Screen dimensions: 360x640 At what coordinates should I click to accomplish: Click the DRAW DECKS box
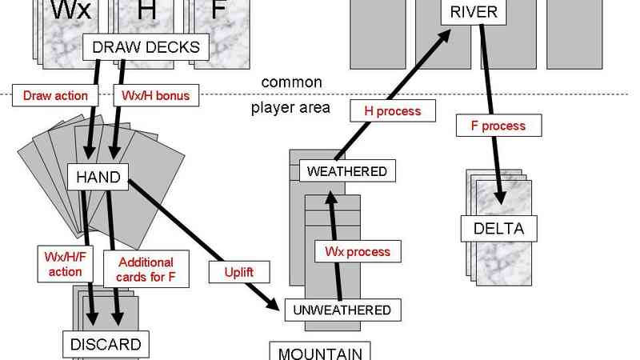tap(146, 47)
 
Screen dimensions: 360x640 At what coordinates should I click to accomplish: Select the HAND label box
tap(99, 177)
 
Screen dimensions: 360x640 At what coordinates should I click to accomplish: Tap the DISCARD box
tap(106, 345)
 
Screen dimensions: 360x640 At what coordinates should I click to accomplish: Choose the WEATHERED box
tap(346, 171)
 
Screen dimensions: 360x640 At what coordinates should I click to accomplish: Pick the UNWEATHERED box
tap(341, 310)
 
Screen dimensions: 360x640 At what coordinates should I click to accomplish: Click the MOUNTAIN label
tap(319, 353)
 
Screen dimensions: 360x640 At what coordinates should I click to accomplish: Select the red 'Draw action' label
tap(55, 96)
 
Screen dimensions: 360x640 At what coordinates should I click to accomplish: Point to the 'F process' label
tap(500, 126)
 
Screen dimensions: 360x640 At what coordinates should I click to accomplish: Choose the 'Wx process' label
tap(357, 251)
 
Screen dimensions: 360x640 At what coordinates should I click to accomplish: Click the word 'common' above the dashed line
tap(292, 82)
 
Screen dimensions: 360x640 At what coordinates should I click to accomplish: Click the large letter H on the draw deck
tap(147, 11)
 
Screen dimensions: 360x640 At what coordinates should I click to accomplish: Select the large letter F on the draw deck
tap(218, 10)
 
